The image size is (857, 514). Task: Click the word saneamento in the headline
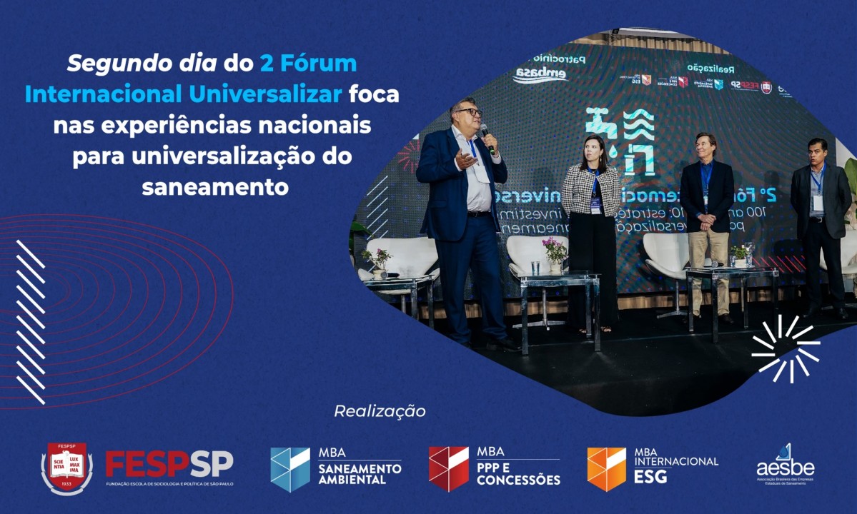(x=215, y=187)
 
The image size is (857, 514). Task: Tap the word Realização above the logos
(x=380, y=411)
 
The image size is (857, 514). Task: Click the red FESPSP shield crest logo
(x=66, y=468)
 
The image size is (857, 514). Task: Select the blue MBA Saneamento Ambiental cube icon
(x=290, y=469)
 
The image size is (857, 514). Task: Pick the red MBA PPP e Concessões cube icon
(x=448, y=469)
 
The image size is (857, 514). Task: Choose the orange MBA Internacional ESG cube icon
(x=606, y=469)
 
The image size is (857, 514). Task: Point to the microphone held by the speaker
(x=487, y=136)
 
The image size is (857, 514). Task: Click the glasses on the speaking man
(x=469, y=112)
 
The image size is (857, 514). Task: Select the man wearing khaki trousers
(x=706, y=221)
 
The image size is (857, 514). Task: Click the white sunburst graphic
(x=786, y=348)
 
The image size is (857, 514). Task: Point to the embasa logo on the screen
(x=540, y=75)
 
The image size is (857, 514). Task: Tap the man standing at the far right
(x=820, y=221)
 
